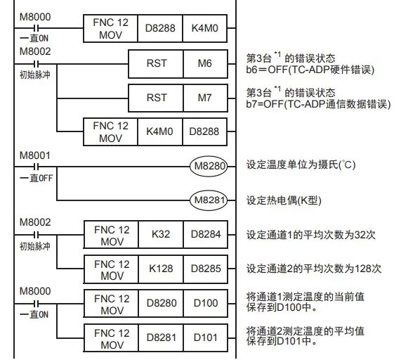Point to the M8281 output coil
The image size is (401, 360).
[209, 200]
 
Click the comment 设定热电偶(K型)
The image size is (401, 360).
[284, 200]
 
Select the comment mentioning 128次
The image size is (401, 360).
[313, 268]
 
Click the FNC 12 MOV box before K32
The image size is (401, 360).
[111, 234]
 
